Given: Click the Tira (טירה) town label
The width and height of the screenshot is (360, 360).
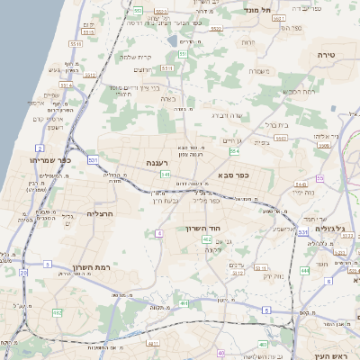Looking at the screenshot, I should pyautogui.click(x=326, y=55).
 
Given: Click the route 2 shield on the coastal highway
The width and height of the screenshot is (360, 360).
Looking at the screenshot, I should pyautogui.click(x=40, y=147).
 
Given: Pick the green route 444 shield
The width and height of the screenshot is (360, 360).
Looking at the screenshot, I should pyautogui.click(x=304, y=271).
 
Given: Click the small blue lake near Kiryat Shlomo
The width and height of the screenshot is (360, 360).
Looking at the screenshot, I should pyautogui.click(x=172, y=40).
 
